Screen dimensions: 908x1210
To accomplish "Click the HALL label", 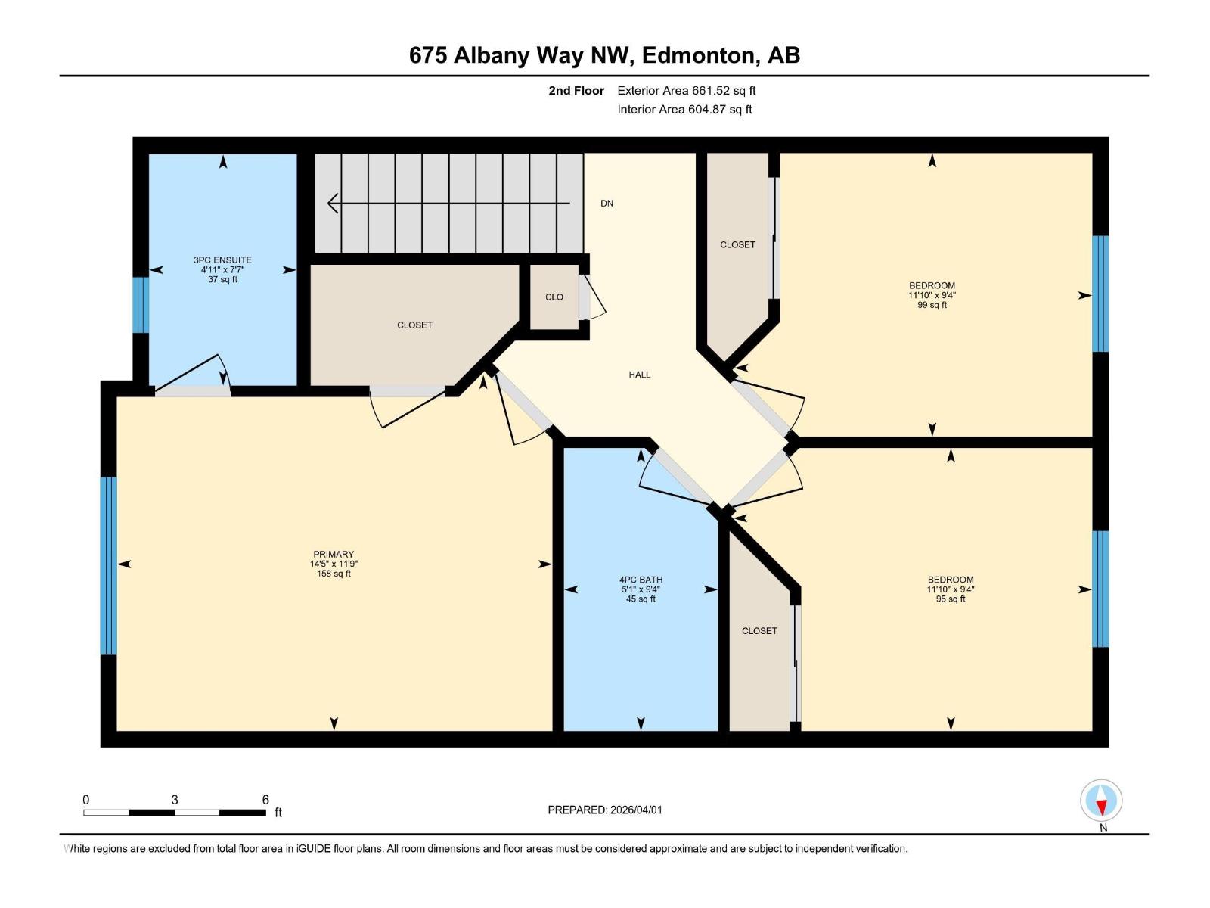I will tap(639, 375).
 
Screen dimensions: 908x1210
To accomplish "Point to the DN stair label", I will tap(607, 204).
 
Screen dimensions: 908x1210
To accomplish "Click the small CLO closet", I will tap(554, 297).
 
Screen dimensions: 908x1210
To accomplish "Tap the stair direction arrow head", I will tap(333, 204).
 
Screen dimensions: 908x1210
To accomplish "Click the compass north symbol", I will tap(1101, 801).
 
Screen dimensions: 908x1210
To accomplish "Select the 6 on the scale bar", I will tap(265, 800).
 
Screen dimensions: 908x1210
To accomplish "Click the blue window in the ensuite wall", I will tap(141, 305).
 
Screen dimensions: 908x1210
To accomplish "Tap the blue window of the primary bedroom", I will tap(109, 564).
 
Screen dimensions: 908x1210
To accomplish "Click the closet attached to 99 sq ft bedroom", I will tap(737, 244).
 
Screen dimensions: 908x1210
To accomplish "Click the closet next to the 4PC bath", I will tap(759, 631).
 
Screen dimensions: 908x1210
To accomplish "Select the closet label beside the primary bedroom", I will tap(414, 325).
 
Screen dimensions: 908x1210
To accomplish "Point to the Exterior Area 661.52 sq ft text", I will tap(686, 91).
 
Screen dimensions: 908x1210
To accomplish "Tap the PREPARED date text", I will tap(604, 810).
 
